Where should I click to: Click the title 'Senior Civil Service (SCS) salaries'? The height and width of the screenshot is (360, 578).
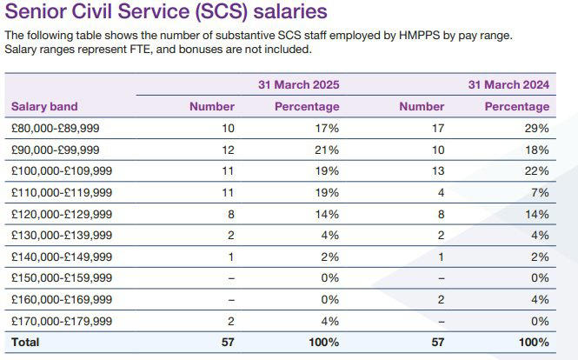166,12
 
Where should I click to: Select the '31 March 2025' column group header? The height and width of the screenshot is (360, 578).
298,84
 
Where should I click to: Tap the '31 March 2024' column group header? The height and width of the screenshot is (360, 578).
508,84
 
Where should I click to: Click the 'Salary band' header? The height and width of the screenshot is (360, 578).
44,107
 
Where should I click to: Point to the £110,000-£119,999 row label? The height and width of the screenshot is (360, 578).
61,192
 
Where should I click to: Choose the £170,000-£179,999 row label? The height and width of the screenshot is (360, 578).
61,321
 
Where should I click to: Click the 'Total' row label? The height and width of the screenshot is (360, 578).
25,343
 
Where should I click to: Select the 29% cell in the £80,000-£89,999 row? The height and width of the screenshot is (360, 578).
537,128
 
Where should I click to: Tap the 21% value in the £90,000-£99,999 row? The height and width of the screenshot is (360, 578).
327,150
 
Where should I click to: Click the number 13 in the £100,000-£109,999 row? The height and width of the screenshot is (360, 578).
437,170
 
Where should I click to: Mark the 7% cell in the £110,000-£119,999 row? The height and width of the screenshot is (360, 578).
541,192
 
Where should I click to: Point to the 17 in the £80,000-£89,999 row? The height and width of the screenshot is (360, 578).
437,128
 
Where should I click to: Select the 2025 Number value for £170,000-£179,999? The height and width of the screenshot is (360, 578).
230,321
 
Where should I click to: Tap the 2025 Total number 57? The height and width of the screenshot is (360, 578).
227,343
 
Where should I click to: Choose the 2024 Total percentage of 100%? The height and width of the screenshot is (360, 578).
534,343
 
